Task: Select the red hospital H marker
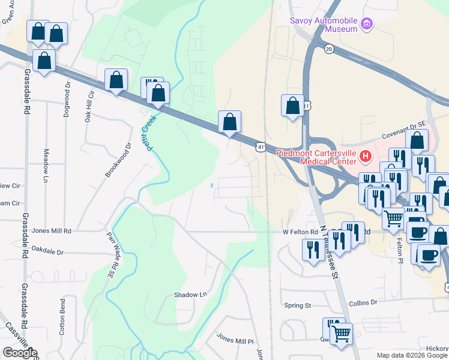(x=366, y=157)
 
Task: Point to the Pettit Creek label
(x=149, y=132)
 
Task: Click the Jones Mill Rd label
(x=52, y=230)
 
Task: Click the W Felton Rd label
(x=300, y=232)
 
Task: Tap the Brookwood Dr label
(x=118, y=160)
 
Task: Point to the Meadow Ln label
(x=46, y=166)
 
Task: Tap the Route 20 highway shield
(x=328, y=48)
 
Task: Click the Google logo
(x=20, y=353)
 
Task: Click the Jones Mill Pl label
(x=235, y=341)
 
